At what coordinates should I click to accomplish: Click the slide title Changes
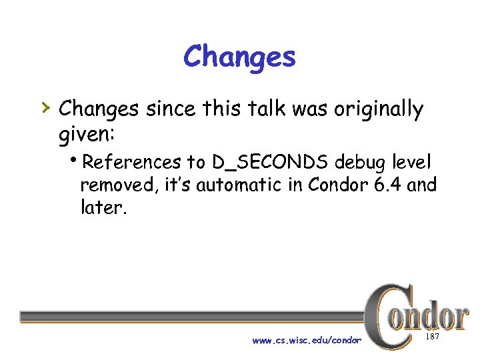pos(239,57)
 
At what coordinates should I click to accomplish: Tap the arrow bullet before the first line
pos(43,106)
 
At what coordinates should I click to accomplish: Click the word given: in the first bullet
pos(87,135)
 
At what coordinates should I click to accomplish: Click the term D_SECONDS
pos(272,162)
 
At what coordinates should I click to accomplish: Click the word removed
pos(117,185)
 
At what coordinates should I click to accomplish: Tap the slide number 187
pos(433,339)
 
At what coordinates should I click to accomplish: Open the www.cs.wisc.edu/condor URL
pos(307,341)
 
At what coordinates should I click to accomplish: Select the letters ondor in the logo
pos(430,317)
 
